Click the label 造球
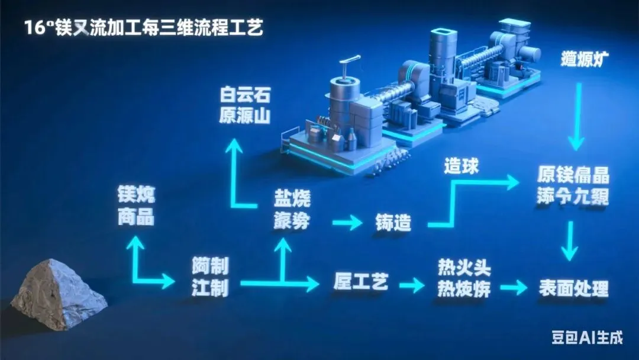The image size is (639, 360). click(461, 167)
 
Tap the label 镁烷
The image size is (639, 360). click(136, 195)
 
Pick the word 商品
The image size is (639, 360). click(136, 217)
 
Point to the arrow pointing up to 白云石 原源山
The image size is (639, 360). click(236, 172)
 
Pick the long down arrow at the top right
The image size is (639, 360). click(576, 115)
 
